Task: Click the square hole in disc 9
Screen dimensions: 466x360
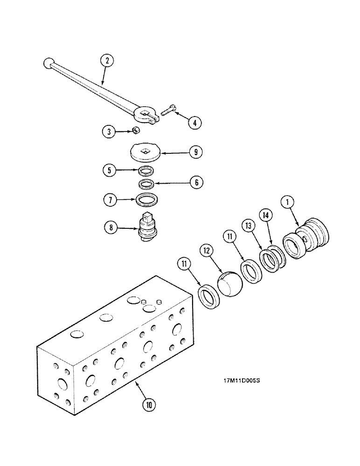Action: coord(147,150)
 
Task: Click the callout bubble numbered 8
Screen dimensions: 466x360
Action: coord(111,228)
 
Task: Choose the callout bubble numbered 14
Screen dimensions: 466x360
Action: coord(266,216)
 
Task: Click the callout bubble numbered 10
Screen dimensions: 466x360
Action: coord(149,404)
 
